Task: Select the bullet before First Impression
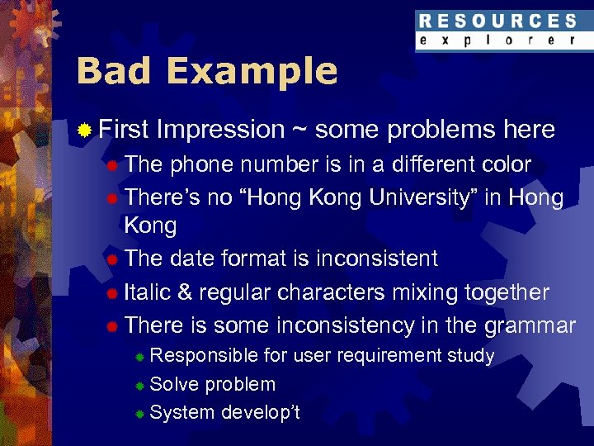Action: point(83,130)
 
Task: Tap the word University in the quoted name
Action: point(420,198)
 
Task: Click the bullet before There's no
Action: point(111,199)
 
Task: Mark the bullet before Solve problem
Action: point(140,386)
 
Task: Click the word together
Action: point(507,293)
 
